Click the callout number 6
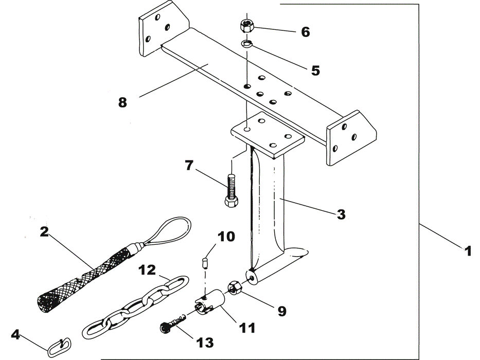tap(305, 32)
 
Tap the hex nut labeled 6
tap(247, 26)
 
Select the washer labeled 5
tap(247, 44)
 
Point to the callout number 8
tap(122, 102)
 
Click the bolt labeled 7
tap(231, 190)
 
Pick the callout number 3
tap(341, 214)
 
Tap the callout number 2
tap(44, 232)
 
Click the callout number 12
tap(147, 270)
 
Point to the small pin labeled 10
tap(205, 263)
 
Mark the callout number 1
tap(468, 251)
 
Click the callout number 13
tap(204, 343)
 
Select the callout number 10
tap(226, 237)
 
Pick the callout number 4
tap(15, 334)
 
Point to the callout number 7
tap(189, 165)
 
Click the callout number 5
tap(315, 70)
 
